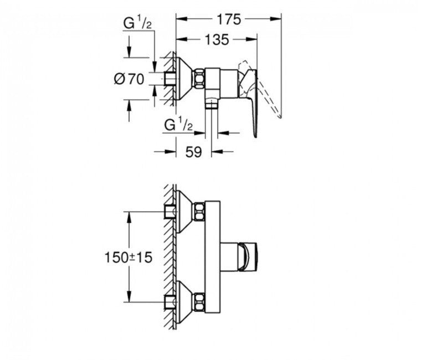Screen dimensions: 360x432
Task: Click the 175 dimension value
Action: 228,19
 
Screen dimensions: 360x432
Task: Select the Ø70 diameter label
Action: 128,79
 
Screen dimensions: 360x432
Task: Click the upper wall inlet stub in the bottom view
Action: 170,211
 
